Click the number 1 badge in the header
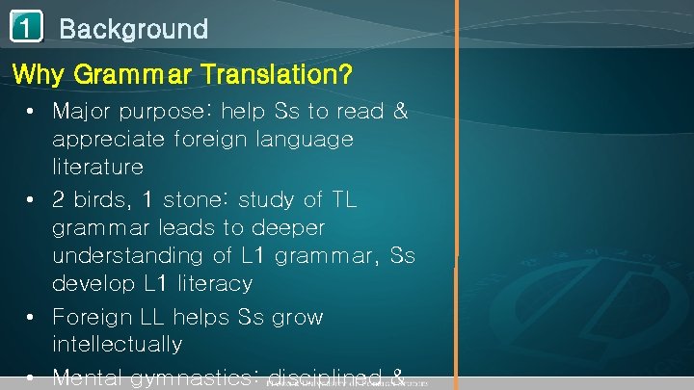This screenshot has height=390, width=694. coord(27,28)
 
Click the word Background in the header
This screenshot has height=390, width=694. coord(133,29)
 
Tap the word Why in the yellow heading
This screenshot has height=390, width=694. coord(38,73)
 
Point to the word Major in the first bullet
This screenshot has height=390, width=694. coord(83,112)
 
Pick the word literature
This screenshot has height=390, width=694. coord(97,168)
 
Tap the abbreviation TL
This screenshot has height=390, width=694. coord(342,199)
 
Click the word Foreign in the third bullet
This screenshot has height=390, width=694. coord(91,317)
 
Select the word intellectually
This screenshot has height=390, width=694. coord(117,344)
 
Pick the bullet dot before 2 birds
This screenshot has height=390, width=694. coord(33,200)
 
